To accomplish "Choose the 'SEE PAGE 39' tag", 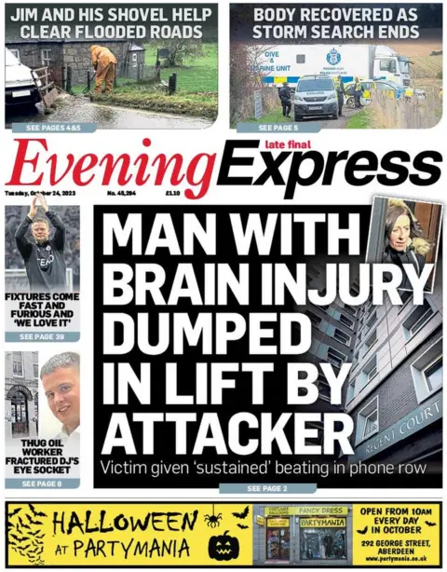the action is click(42, 336).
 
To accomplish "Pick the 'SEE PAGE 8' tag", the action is click(41, 483).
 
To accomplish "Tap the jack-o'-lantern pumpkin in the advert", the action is click(223, 544).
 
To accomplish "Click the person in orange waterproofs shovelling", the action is click(103, 69).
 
